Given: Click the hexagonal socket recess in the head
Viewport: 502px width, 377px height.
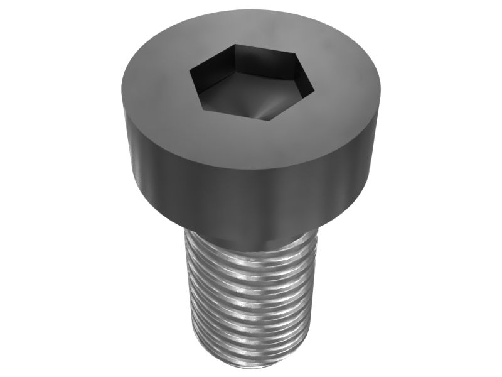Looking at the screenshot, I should point(251,82).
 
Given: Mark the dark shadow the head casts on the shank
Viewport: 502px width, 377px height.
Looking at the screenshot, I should point(251,242).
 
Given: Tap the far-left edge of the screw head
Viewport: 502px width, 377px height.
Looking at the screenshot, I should point(124,126).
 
